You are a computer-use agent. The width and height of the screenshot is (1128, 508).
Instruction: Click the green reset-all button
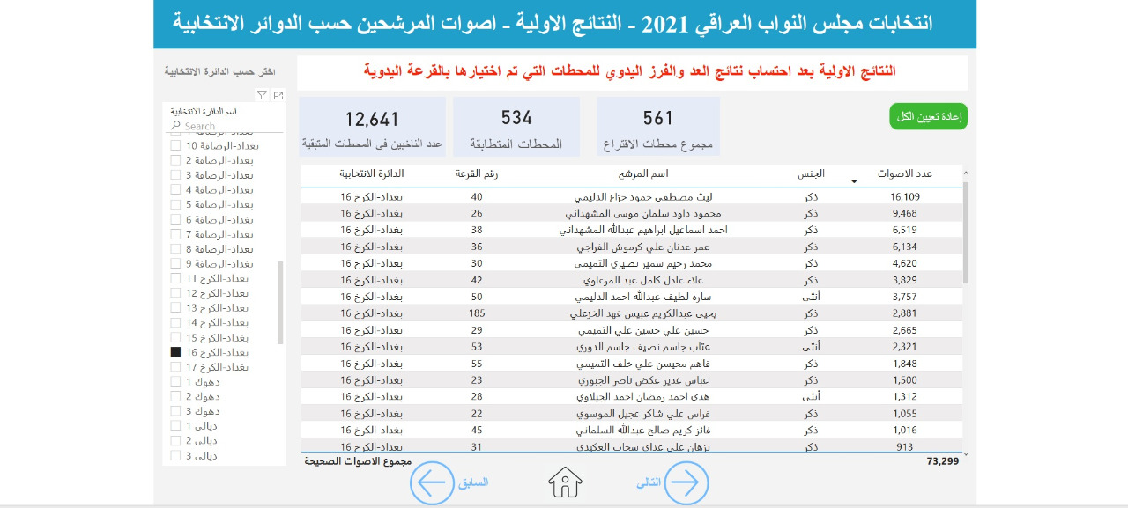[928, 116]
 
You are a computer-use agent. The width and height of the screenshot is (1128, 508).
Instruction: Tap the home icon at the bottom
[565, 482]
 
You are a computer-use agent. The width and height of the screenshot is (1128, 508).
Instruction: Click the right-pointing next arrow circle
[686, 482]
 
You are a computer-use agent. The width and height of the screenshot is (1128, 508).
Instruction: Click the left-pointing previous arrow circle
[432, 482]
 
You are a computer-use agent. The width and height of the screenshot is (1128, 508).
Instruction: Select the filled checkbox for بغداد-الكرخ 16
[175, 352]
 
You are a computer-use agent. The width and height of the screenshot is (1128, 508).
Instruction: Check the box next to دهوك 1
[175, 382]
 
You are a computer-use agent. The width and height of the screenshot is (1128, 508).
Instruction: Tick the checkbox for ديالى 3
[175, 456]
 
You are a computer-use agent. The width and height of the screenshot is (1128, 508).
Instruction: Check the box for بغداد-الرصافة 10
[175, 145]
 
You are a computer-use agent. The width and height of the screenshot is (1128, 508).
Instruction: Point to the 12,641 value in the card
[372, 119]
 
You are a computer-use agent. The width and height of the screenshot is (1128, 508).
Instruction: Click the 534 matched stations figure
[516, 118]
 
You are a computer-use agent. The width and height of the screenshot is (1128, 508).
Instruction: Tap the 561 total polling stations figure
[658, 118]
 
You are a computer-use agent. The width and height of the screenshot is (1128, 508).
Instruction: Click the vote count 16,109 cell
[905, 197]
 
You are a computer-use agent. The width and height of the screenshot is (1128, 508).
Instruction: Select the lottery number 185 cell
[477, 313]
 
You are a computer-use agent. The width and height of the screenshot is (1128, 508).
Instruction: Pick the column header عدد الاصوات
[904, 173]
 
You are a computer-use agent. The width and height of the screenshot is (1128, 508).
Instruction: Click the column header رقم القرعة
[477, 173]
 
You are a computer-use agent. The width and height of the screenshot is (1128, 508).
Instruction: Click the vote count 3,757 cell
[905, 297]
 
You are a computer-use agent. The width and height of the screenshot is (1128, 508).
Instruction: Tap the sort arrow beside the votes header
[853, 181]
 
